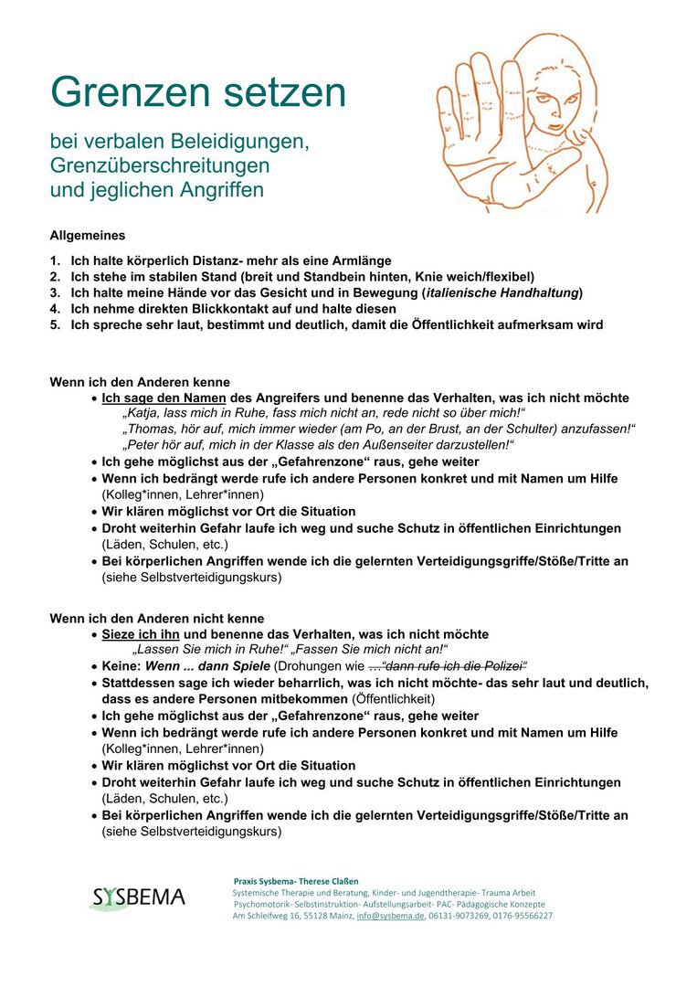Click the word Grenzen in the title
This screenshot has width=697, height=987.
click(128, 91)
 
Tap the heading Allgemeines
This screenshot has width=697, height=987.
click(88, 235)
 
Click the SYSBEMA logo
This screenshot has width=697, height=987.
click(138, 897)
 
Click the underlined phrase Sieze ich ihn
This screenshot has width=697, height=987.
click(141, 634)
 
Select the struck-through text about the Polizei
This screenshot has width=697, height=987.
click(449, 666)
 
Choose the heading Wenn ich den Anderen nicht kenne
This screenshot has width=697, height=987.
click(156, 619)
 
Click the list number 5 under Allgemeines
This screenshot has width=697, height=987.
click(54, 324)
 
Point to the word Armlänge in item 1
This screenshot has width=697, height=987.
click(358, 260)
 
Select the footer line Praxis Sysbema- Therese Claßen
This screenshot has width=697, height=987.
click(296, 881)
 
